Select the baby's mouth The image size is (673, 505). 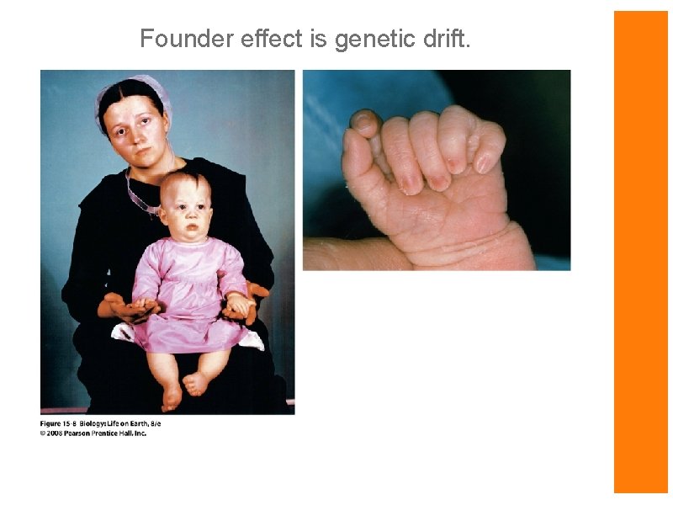[192, 228]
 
